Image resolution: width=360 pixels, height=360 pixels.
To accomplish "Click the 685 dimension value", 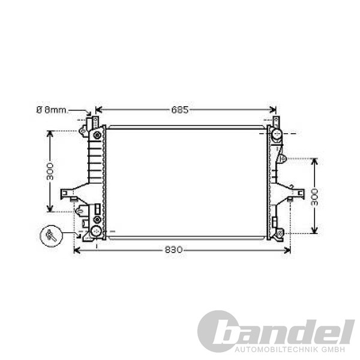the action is [180, 110].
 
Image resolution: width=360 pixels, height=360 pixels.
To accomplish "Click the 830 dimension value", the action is [173, 250].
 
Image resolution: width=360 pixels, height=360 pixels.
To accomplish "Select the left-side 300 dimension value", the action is [50, 171].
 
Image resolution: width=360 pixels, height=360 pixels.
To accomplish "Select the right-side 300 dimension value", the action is [314, 197].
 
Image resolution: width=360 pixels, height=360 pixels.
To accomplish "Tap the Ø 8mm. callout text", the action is [52, 110].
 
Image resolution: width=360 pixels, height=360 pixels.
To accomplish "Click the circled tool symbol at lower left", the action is [51, 236].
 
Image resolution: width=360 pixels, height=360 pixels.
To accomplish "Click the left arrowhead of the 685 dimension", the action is [98, 110].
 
